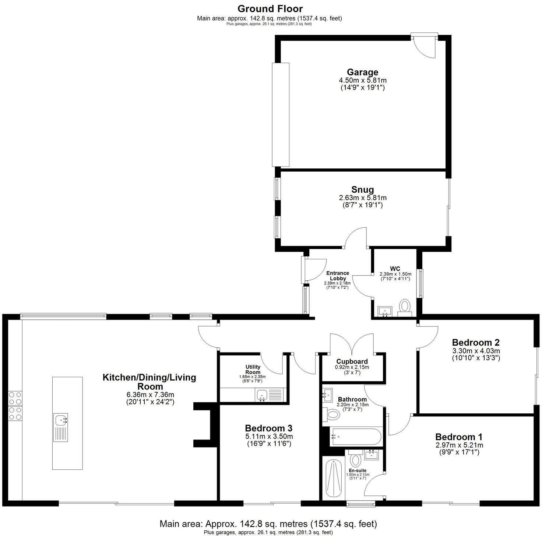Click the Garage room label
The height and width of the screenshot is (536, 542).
(x=362, y=72)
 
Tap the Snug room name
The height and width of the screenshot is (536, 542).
(x=362, y=189)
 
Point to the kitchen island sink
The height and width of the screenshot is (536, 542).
(x=61, y=420)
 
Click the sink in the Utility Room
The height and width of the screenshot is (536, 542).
(x=262, y=395)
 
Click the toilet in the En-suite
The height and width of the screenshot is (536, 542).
(x=355, y=459)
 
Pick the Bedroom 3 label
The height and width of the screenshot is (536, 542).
(x=268, y=428)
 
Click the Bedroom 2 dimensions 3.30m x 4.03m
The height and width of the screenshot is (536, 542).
(x=476, y=351)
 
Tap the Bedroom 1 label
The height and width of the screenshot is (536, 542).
(x=458, y=437)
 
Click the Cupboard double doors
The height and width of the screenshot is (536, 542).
(x=352, y=343)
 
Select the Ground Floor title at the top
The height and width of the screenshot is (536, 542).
(x=270, y=8)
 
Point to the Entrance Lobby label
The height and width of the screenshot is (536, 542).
(x=337, y=276)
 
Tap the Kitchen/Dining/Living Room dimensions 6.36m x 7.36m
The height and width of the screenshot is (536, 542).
(x=149, y=395)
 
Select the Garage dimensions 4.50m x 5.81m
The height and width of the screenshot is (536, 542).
(x=362, y=80)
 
